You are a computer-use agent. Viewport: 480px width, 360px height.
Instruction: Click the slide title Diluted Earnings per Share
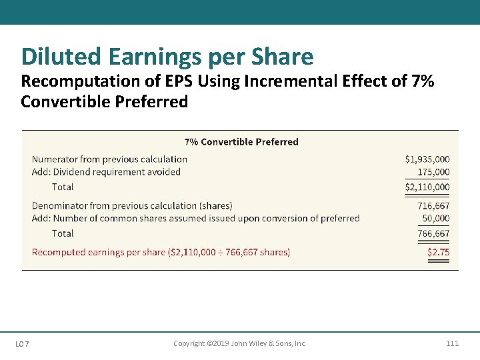(x=167, y=57)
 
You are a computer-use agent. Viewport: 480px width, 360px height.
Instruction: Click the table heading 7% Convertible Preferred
(x=241, y=141)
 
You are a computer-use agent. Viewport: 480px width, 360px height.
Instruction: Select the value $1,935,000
(x=427, y=159)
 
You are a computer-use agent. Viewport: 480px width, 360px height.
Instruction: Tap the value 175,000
(x=433, y=172)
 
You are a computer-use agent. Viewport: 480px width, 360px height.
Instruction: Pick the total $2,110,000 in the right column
(x=427, y=187)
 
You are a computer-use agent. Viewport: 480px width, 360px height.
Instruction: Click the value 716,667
(x=433, y=206)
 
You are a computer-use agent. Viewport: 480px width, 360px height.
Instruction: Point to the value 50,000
(x=436, y=218)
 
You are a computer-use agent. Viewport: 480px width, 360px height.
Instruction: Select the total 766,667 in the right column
(x=433, y=233)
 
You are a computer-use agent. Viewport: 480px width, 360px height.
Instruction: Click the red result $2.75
(x=438, y=252)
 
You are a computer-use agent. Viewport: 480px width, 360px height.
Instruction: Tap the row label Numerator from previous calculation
(x=109, y=159)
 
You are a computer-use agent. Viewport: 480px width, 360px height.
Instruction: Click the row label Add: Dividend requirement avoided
(x=106, y=172)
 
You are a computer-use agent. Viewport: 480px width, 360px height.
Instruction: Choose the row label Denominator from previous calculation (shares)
(x=132, y=206)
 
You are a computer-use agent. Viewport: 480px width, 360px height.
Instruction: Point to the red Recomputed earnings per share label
(x=161, y=252)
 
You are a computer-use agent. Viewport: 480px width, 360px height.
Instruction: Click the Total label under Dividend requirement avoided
(x=63, y=187)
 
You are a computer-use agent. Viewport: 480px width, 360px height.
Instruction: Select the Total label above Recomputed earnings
(x=63, y=233)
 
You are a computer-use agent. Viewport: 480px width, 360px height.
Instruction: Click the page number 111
(x=452, y=343)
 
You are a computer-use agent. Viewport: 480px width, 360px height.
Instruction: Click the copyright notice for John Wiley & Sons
(x=239, y=343)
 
